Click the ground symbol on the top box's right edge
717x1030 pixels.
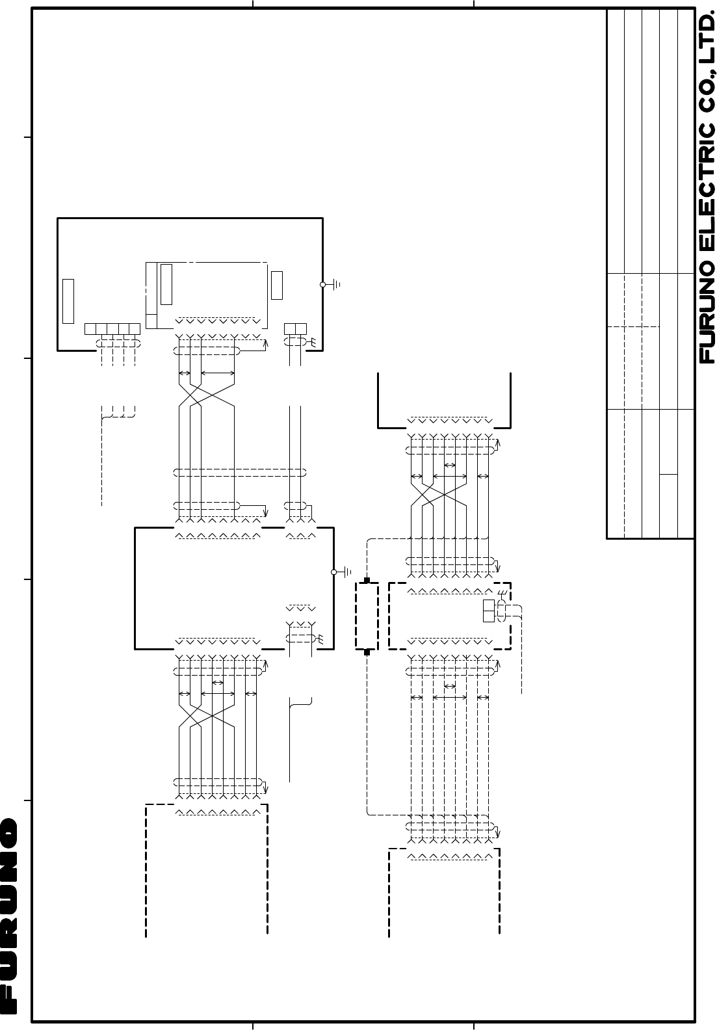click(337, 285)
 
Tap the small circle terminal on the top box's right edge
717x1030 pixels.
click(322, 285)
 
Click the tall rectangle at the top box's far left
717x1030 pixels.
click(68, 301)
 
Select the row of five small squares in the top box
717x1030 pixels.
click(112, 329)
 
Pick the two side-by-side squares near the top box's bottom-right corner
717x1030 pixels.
click(295, 329)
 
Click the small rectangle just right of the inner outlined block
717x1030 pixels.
click(277, 285)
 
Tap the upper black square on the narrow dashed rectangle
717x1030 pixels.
click(367, 581)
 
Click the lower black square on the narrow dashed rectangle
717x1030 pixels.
click(367, 652)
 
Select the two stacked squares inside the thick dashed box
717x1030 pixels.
click(489, 611)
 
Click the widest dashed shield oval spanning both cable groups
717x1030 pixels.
click(240, 472)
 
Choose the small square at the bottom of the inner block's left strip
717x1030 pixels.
click(151, 321)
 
